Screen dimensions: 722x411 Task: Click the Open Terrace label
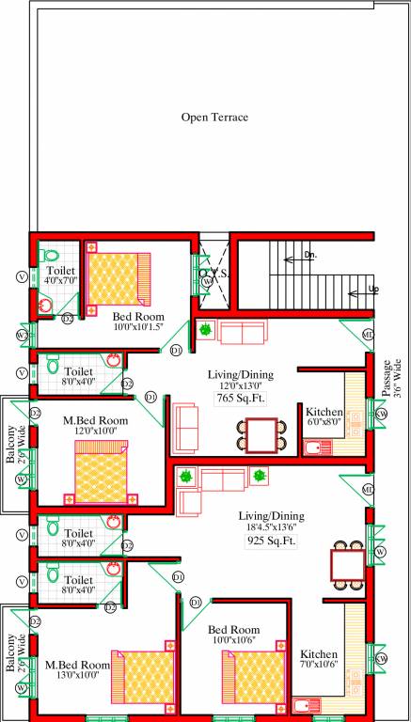[214, 118]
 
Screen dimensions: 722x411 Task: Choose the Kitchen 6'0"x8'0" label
[323, 416]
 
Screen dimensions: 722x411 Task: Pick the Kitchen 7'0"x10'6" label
[319, 661]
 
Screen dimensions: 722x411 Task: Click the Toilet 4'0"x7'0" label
[60, 275]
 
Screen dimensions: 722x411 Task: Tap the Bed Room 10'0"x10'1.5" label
[137, 322]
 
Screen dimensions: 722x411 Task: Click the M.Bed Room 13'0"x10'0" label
[78, 670]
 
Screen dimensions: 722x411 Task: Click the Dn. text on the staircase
[309, 256]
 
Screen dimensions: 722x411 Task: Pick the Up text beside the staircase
[373, 290]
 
